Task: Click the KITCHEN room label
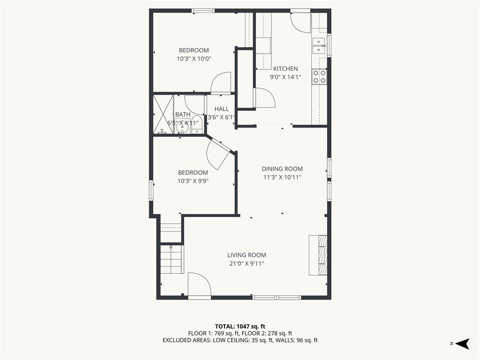285,68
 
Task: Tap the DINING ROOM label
282,169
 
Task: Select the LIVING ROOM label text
247,255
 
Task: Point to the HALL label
222,109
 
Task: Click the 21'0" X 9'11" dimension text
247,263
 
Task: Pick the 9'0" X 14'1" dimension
285,77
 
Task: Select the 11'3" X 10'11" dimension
282,177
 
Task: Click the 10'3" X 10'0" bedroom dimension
194,59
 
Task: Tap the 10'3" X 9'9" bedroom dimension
193,181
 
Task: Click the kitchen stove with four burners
319,76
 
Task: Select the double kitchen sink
319,45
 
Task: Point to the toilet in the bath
197,125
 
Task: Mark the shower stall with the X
163,114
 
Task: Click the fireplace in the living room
318,255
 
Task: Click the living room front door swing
199,285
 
